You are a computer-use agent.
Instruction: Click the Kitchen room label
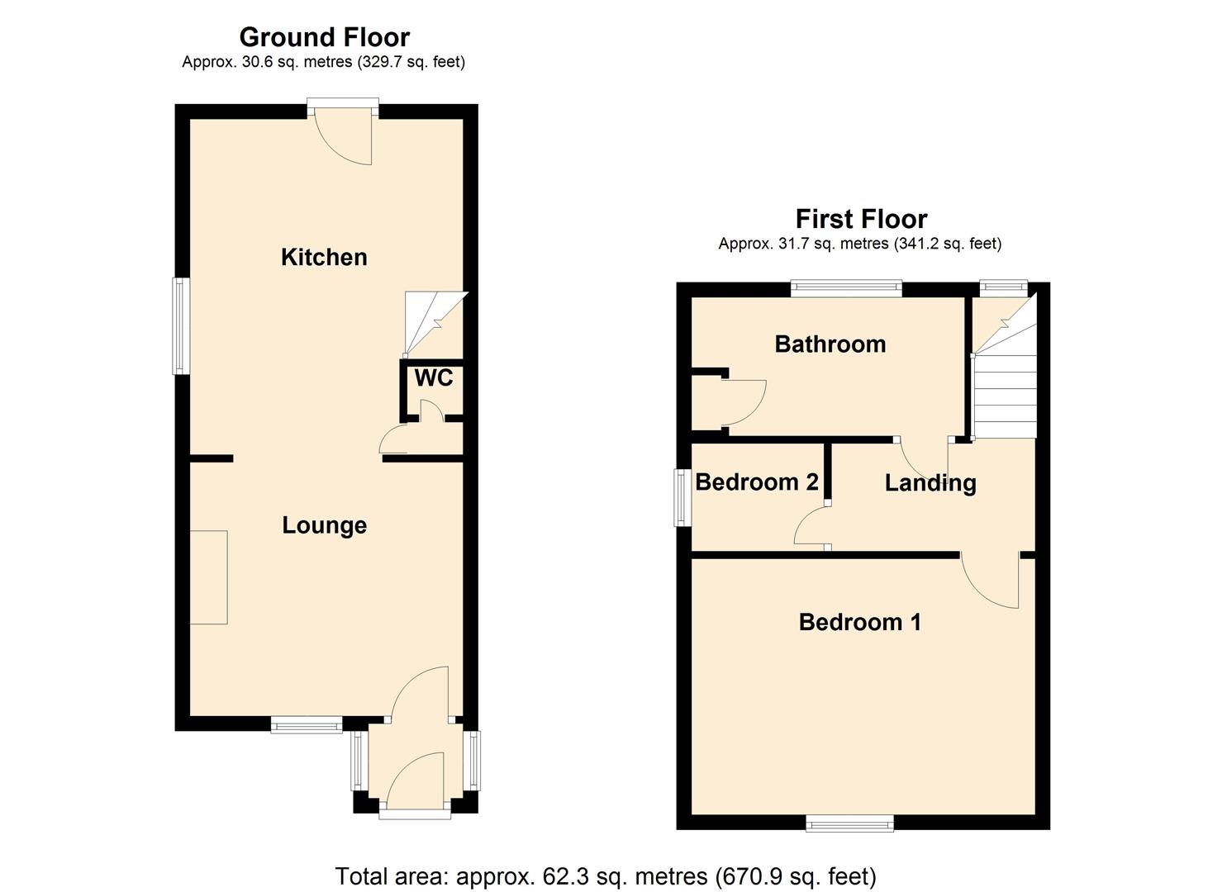pos(324,257)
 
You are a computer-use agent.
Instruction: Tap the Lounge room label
pos(324,525)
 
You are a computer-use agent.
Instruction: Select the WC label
pos(433,378)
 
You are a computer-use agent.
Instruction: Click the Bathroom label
pos(830,344)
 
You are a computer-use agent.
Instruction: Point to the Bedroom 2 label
pos(756,482)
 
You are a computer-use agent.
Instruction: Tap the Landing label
pos(930,483)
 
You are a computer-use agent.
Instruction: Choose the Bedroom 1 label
pos(859,622)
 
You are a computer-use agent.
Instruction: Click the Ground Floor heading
pos(324,37)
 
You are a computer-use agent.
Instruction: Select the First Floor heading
pos(861,219)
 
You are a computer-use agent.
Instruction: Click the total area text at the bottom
pos(606,875)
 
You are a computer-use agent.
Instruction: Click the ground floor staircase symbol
pos(434,322)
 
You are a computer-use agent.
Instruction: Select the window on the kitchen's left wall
pos(180,325)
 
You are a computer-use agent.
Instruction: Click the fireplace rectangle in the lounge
pos(208,577)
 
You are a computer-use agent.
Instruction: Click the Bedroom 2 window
pos(682,497)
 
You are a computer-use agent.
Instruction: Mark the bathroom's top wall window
pos(845,287)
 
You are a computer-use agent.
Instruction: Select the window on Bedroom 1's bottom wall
pos(849,823)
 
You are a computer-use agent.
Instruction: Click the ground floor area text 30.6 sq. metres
pos(323,62)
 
